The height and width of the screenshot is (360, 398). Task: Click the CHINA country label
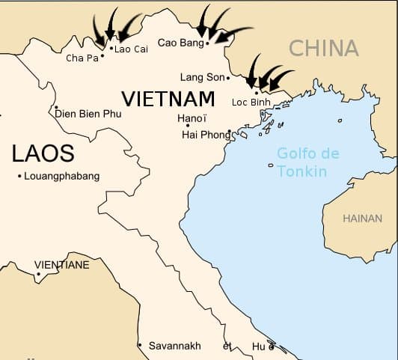pyautogui.click(x=324, y=49)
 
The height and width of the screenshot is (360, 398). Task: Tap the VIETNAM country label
pyautogui.click(x=168, y=98)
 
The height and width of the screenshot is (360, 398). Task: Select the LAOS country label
pyautogui.click(x=43, y=154)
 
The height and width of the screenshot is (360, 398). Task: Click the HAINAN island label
pyautogui.click(x=362, y=219)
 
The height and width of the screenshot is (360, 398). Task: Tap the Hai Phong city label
pyautogui.click(x=206, y=135)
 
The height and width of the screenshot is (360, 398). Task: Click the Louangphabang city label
pyautogui.click(x=62, y=176)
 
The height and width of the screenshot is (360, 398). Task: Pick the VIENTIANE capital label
pyautogui.click(x=62, y=265)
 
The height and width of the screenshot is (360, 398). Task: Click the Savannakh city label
pyautogui.click(x=175, y=346)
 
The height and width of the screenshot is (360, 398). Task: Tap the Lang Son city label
pyautogui.click(x=202, y=77)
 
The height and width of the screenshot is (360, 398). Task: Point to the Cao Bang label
pyautogui.click(x=181, y=43)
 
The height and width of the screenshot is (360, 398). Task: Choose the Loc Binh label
pyautogui.click(x=251, y=102)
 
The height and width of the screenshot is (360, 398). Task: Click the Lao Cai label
pyautogui.click(x=131, y=49)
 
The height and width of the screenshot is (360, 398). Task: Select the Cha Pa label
pyautogui.click(x=82, y=58)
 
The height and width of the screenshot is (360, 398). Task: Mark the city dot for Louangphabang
pyautogui.click(x=19, y=176)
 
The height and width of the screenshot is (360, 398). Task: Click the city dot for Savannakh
pyautogui.click(x=139, y=345)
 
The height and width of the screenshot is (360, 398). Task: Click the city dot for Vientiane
pyautogui.click(x=38, y=273)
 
